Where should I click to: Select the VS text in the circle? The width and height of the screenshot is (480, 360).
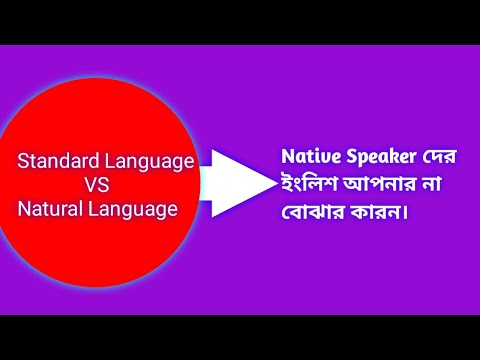(x=96, y=185)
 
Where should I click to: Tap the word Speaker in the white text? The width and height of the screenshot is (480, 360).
(x=378, y=158)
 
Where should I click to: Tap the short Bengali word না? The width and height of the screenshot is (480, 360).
(x=445, y=186)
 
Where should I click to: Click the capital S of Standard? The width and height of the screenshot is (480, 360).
(x=24, y=161)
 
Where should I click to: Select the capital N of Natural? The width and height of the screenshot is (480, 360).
(x=24, y=209)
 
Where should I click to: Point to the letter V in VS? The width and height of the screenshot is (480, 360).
(x=90, y=185)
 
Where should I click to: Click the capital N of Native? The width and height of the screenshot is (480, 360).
(x=287, y=157)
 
